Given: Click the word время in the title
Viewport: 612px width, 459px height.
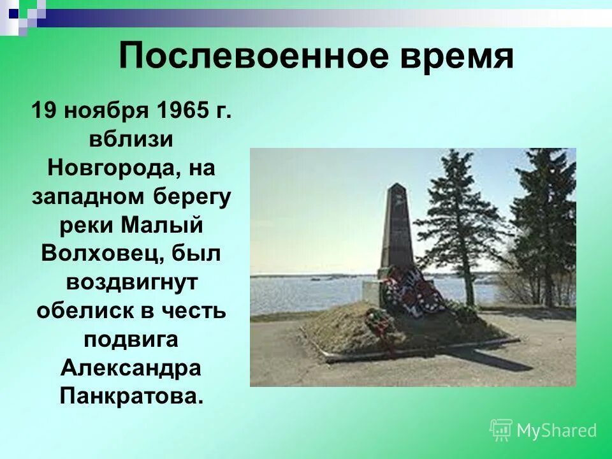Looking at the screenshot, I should pos(455,57).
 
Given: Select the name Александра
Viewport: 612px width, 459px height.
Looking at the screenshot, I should pos(131,368).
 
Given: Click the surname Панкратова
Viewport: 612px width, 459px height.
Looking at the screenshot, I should pos(131,396).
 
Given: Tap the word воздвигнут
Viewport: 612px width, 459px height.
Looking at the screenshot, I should pos(131,282).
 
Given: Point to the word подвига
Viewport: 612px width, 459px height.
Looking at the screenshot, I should pos(131,339).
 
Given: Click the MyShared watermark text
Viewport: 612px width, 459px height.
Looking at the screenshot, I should pos(557,430).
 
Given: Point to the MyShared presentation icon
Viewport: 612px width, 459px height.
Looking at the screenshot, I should pos(500,430).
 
